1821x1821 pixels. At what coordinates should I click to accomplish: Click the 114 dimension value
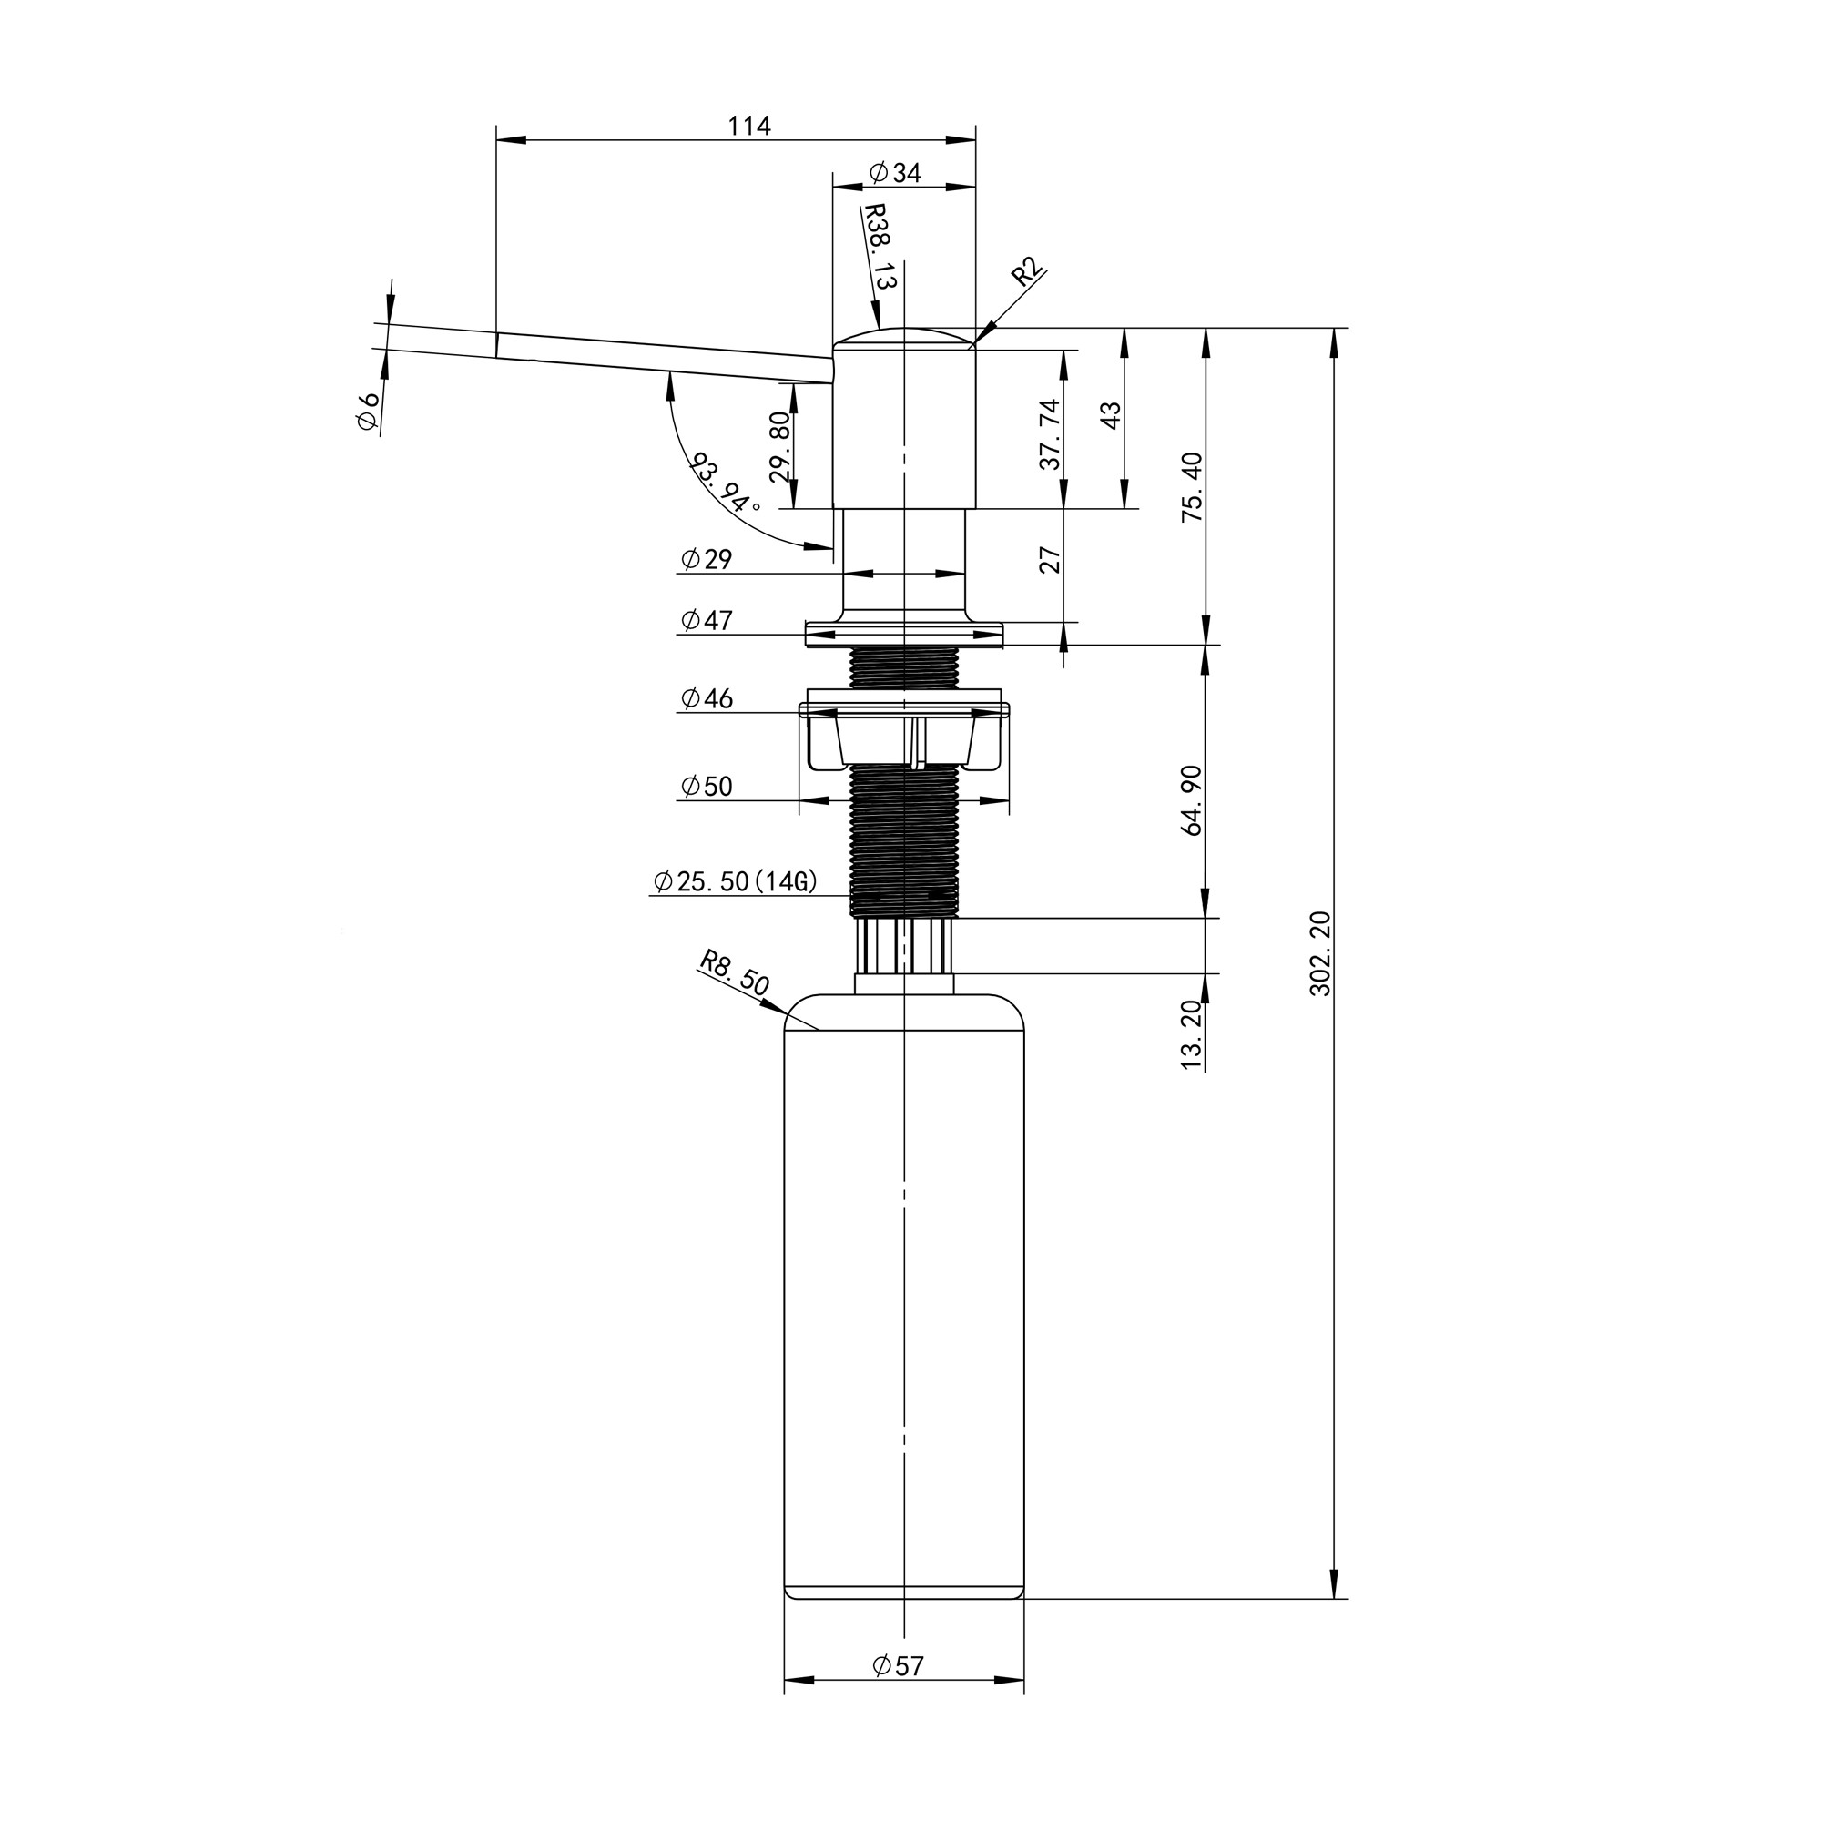pyautogui.click(x=749, y=126)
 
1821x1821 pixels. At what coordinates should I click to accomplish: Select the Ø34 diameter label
pyautogui.click(x=895, y=172)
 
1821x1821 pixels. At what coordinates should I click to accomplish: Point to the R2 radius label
pyautogui.click(x=1027, y=271)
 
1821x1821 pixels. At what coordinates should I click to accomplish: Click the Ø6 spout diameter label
pyautogui.click(x=369, y=411)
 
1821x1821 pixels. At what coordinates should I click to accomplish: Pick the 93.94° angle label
pyautogui.click(x=726, y=483)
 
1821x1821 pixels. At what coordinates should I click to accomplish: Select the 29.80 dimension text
pyautogui.click(x=780, y=447)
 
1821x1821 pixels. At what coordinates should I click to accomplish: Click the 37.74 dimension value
pyautogui.click(x=1050, y=433)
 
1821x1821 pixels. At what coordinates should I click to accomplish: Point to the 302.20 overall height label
pyautogui.click(x=1319, y=953)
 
